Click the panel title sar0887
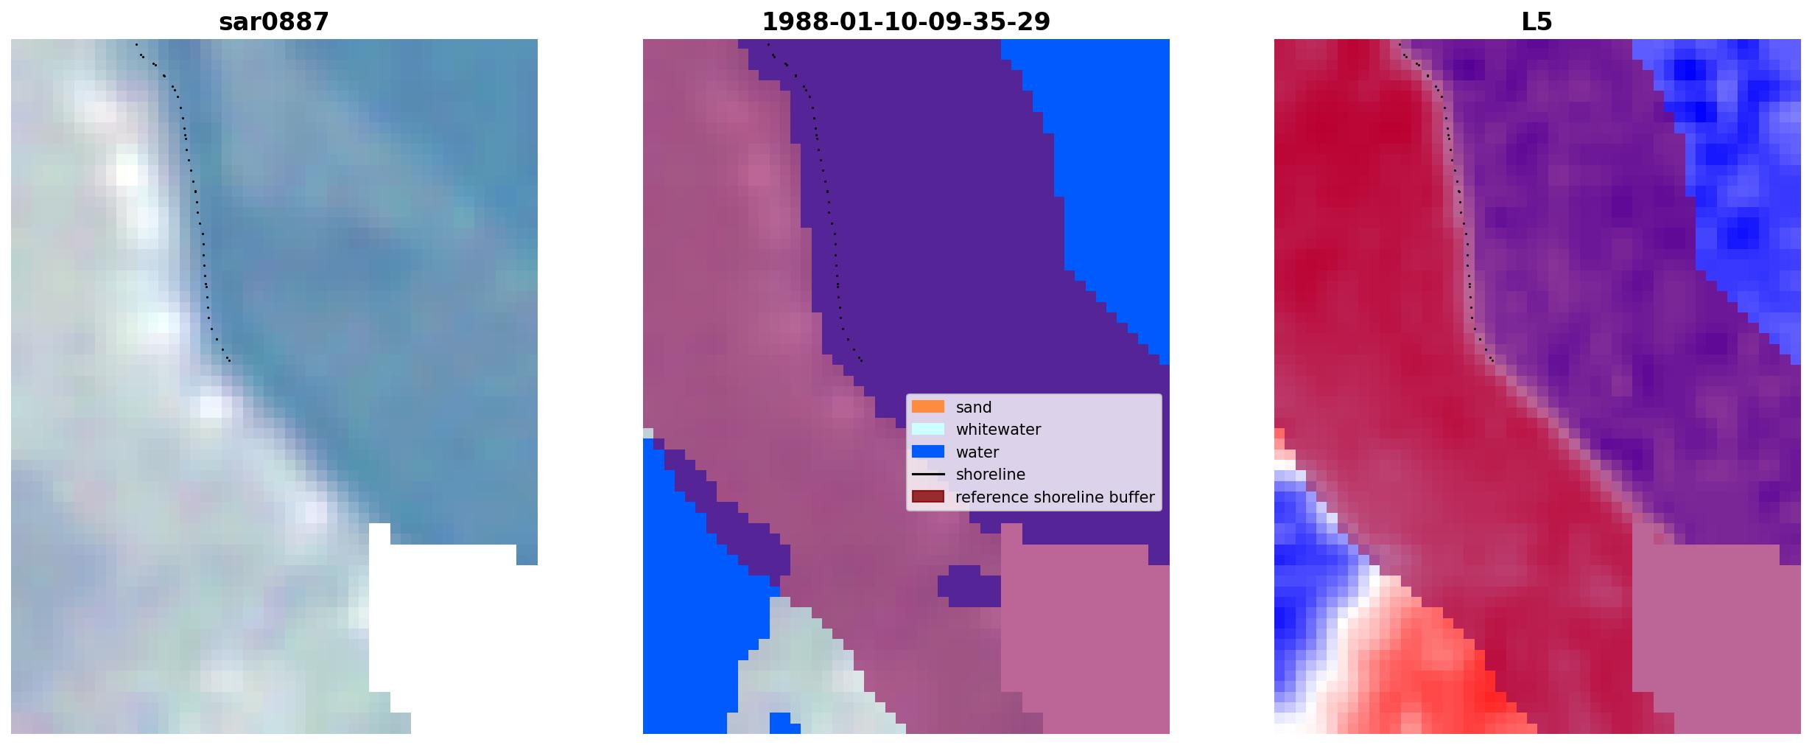tap(274, 22)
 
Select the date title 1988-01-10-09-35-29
tap(905, 22)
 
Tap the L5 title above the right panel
tap(1537, 22)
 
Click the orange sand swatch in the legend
tap(927, 407)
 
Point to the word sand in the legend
tap(973, 408)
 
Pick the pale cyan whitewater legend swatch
tap(927, 429)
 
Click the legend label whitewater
tap(998, 430)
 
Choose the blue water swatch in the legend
tap(927, 452)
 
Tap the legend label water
tap(977, 452)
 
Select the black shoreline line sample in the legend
tap(927, 475)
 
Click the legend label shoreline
tap(990, 475)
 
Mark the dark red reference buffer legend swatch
tap(927, 497)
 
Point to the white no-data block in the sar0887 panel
tap(442, 619)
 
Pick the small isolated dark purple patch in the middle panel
tap(969, 586)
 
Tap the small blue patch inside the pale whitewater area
tap(784, 723)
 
